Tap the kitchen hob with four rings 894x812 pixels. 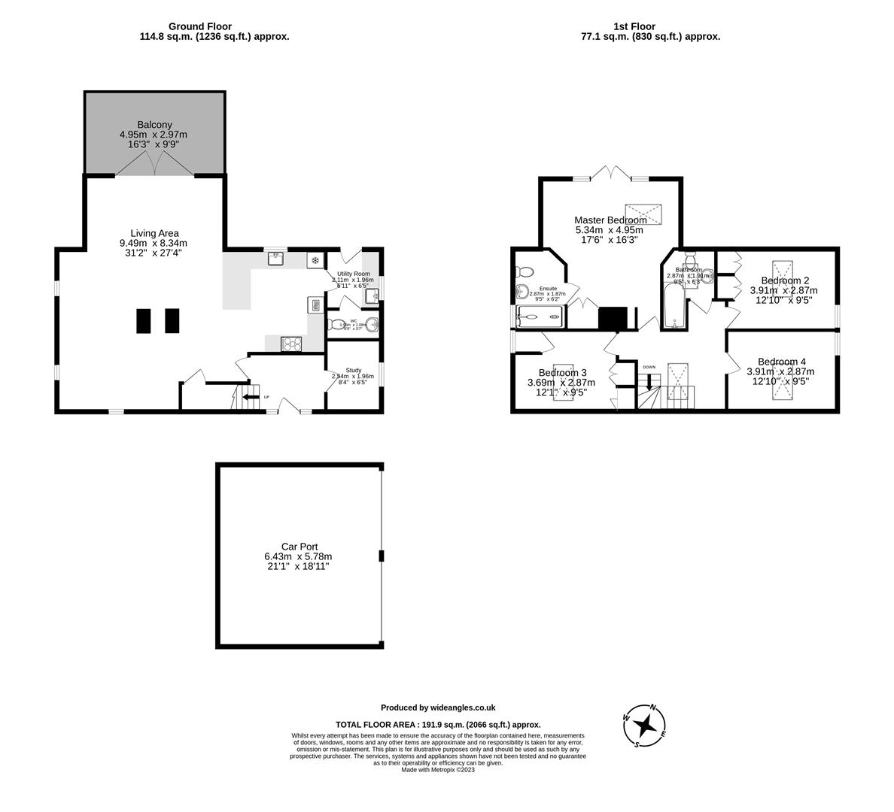coord(290,344)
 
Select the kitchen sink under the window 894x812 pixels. coord(276,259)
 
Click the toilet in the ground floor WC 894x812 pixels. coord(334,326)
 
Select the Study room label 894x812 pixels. coord(354,371)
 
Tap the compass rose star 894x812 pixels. coord(645,726)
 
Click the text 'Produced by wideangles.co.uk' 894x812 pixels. coord(437,707)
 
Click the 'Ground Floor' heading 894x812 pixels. coord(200,26)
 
